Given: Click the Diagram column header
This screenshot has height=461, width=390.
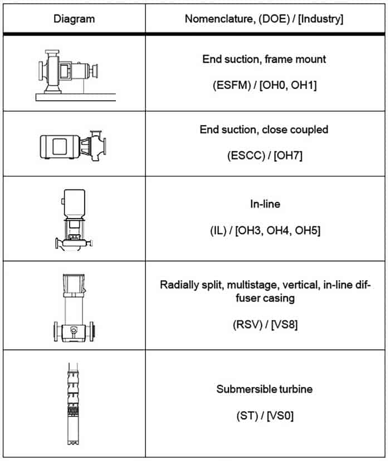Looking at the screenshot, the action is (74, 19).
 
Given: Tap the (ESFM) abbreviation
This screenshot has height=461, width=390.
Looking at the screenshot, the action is (232, 85).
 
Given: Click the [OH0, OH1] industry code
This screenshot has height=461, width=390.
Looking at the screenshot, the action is (288, 85).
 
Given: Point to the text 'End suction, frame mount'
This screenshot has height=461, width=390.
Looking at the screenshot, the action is (264, 59).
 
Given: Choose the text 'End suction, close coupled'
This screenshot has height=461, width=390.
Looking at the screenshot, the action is (264, 130).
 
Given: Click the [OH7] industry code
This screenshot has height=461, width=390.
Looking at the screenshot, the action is (288, 156).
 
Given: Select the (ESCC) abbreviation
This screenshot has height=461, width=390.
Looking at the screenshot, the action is (246, 156).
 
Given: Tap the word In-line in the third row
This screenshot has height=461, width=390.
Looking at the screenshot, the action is (265, 204).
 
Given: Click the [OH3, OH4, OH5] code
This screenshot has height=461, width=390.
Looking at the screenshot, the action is (278, 230).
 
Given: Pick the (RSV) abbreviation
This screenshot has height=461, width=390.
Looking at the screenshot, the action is (248, 325).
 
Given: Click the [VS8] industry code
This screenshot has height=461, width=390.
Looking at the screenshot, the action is (284, 325).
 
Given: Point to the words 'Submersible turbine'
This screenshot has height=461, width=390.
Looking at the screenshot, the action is (265, 389).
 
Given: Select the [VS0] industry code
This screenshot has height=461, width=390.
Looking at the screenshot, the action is (280, 416).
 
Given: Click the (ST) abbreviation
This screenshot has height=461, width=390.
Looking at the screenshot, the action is (247, 416).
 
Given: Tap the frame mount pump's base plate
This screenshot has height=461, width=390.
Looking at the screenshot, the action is (76, 97).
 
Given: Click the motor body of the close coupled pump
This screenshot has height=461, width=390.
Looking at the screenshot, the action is (60, 147).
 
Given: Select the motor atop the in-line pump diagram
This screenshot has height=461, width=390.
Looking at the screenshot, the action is (75, 204).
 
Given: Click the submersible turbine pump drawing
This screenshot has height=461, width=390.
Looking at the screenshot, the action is (73, 404).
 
